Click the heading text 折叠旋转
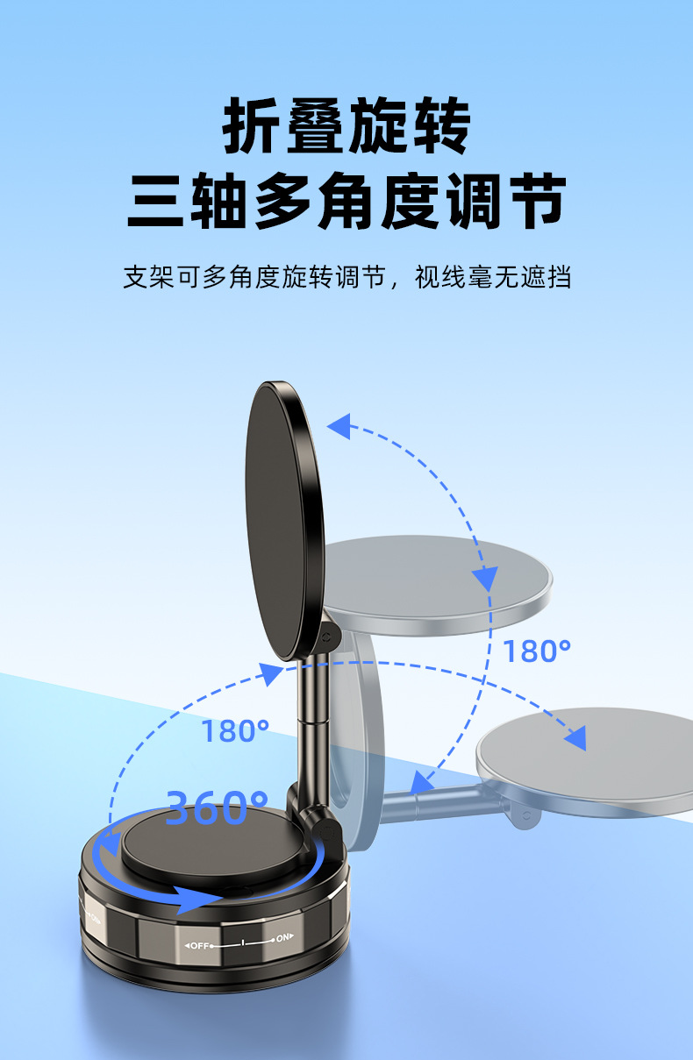coord(346,127)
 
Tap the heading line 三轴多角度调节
coord(346,203)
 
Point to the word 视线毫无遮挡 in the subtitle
coord(493,278)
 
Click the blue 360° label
coord(218,807)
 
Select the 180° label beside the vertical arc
coord(537,651)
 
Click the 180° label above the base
coord(235,730)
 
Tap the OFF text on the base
coord(198,944)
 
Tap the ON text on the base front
coord(282,938)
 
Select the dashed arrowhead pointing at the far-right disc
coord(575,739)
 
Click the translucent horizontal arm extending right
coord(447,800)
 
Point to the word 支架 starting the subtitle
coord(140,278)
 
